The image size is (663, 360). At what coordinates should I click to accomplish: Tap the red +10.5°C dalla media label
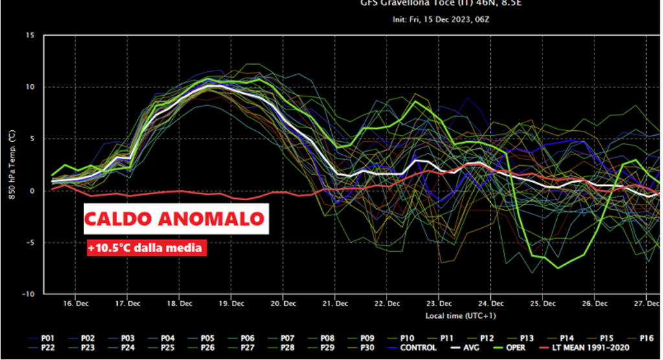coord(146,247)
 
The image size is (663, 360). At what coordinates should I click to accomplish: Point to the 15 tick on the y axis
coord(30,35)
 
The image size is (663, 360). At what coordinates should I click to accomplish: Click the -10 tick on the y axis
coord(28,294)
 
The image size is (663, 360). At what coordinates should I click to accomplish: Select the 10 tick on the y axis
coord(30,87)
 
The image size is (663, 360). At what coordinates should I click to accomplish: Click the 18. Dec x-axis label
coord(180,303)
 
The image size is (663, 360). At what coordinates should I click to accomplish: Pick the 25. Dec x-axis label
coord(544,303)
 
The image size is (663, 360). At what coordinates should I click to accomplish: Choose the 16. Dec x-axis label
coord(76,303)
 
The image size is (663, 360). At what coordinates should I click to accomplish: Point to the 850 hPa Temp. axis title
coord(12,164)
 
